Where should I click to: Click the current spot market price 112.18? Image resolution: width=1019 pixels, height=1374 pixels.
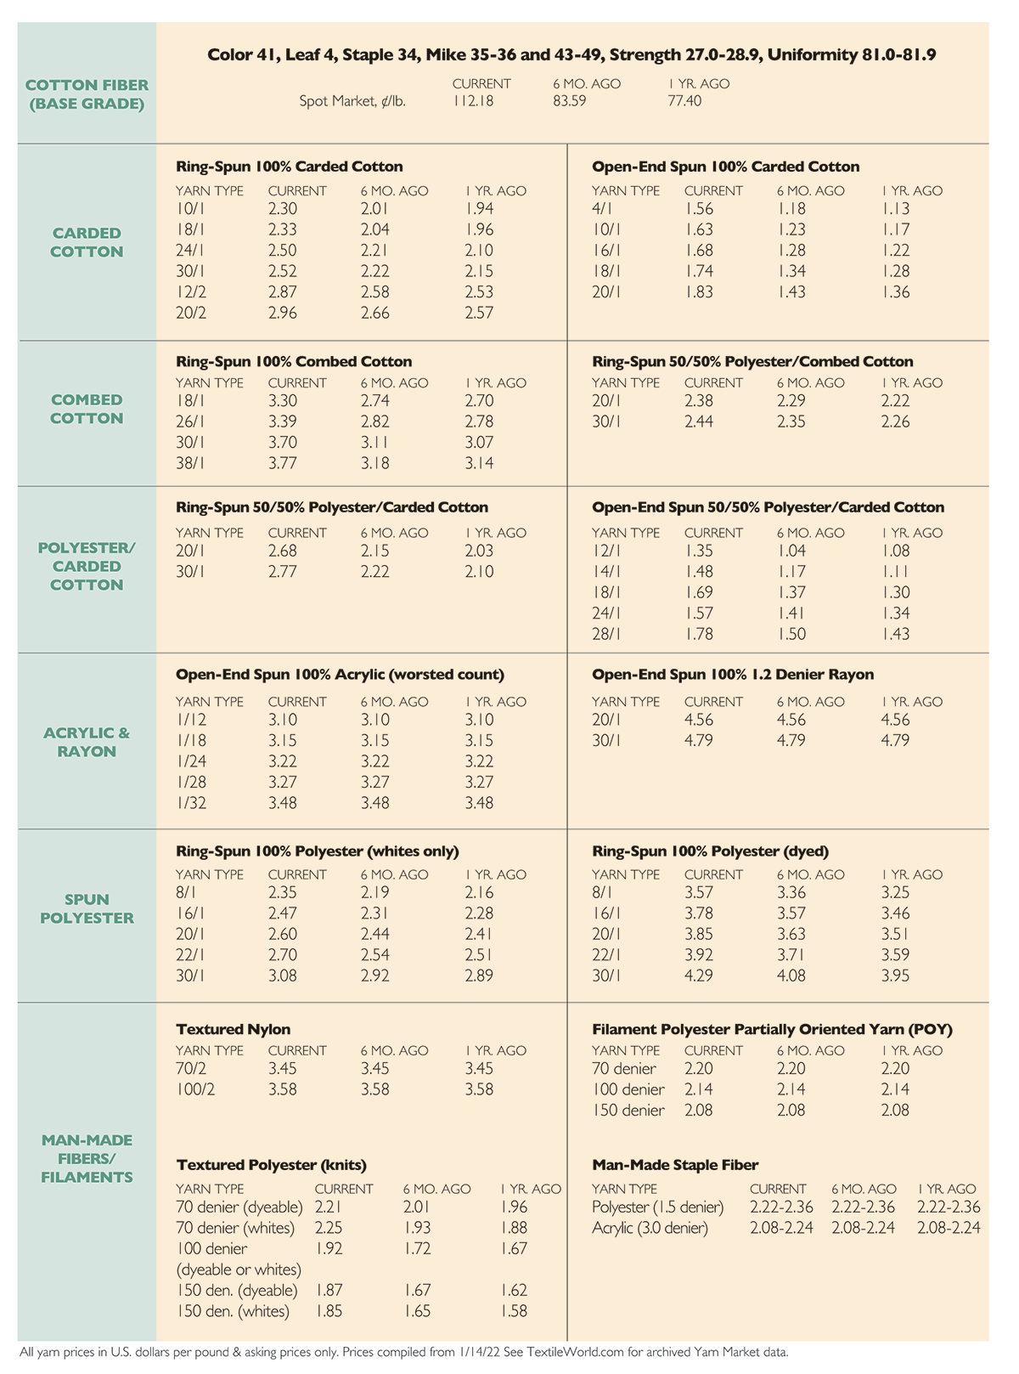click(473, 101)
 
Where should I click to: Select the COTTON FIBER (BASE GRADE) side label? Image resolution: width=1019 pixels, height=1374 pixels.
click(87, 94)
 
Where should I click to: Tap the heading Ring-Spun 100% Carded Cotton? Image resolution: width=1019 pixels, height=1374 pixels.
click(289, 167)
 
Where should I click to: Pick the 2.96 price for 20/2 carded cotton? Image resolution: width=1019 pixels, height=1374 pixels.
click(282, 313)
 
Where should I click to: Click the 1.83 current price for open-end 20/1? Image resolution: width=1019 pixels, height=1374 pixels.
click(699, 291)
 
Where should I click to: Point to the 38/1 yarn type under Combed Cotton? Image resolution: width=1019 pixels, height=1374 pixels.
click(190, 463)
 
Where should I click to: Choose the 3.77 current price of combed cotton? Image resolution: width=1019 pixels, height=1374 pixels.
click(282, 463)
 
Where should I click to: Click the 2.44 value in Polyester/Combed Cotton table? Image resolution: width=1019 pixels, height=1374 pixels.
click(699, 421)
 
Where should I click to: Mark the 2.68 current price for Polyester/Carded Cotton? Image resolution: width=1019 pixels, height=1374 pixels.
click(282, 551)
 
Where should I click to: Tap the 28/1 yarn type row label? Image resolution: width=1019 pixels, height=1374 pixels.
click(606, 634)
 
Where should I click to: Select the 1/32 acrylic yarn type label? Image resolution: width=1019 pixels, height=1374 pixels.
click(191, 803)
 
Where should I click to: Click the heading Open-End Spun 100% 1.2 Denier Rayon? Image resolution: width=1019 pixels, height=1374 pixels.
click(733, 675)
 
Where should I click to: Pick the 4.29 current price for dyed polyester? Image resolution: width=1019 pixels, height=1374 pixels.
click(699, 975)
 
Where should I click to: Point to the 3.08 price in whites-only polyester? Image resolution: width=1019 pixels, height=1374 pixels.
click(282, 975)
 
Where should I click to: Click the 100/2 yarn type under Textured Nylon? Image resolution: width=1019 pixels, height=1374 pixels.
click(195, 1089)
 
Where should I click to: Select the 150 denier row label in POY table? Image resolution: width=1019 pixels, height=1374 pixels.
click(628, 1110)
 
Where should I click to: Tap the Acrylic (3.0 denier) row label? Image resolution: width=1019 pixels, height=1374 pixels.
click(650, 1228)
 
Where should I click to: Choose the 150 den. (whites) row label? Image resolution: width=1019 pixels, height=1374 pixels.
click(233, 1311)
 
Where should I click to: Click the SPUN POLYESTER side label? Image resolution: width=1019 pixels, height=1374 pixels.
click(87, 908)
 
